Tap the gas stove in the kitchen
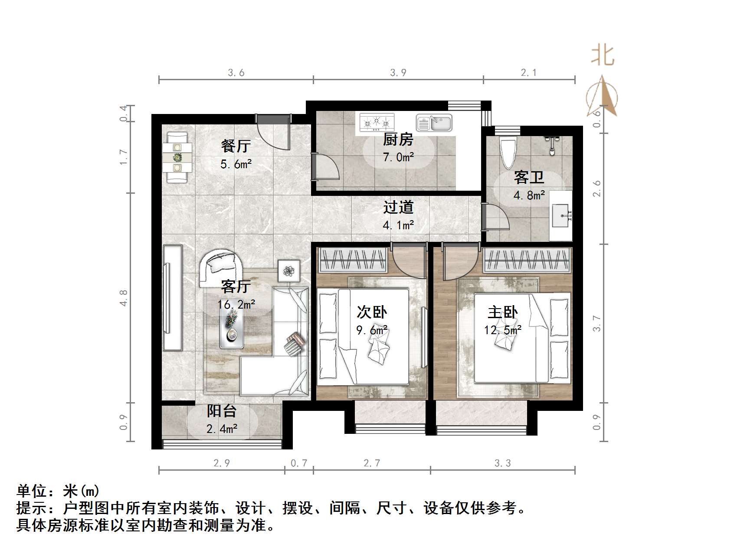tap(377, 123)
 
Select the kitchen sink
tap(434, 123)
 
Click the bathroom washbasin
tap(562, 215)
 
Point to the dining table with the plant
tap(177, 157)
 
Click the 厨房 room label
tap(398, 140)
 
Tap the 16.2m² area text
tap(236, 305)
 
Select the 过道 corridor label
tap(398, 207)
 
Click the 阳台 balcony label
tap(221, 410)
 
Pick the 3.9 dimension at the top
tap(398, 73)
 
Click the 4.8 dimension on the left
tap(124, 298)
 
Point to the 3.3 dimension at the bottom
tap(502, 463)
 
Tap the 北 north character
tap(603, 56)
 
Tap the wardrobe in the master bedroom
tap(527, 260)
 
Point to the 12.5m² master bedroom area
tap(503, 330)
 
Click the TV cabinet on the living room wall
tap(173, 297)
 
